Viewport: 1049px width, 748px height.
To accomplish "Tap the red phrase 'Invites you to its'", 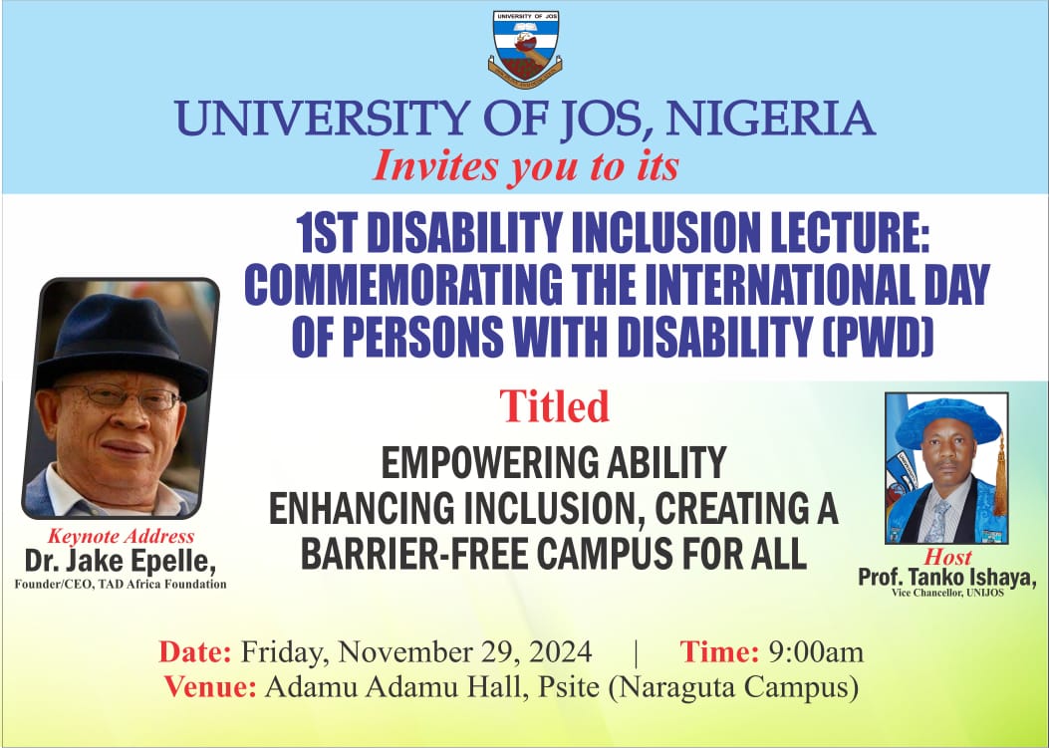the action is click(526, 166).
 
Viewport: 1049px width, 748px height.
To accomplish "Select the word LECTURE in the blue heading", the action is click(835, 233).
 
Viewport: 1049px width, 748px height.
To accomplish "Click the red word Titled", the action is click(555, 406).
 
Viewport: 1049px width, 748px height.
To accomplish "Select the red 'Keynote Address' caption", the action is click(122, 536).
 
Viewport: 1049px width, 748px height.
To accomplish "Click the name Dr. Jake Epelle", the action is click(121, 562).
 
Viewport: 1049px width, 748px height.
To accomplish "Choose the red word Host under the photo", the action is click(948, 558).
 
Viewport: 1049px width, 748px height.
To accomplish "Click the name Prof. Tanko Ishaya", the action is click(947, 577).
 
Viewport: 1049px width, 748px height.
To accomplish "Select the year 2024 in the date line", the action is click(561, 651).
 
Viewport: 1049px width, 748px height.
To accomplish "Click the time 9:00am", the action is click(816, 651).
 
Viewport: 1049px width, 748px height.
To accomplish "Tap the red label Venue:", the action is click(210, 687).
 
